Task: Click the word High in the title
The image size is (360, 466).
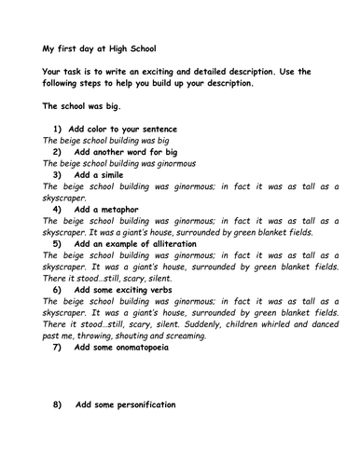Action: coord(122,50)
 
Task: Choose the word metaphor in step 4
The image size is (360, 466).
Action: coord(133,208)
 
